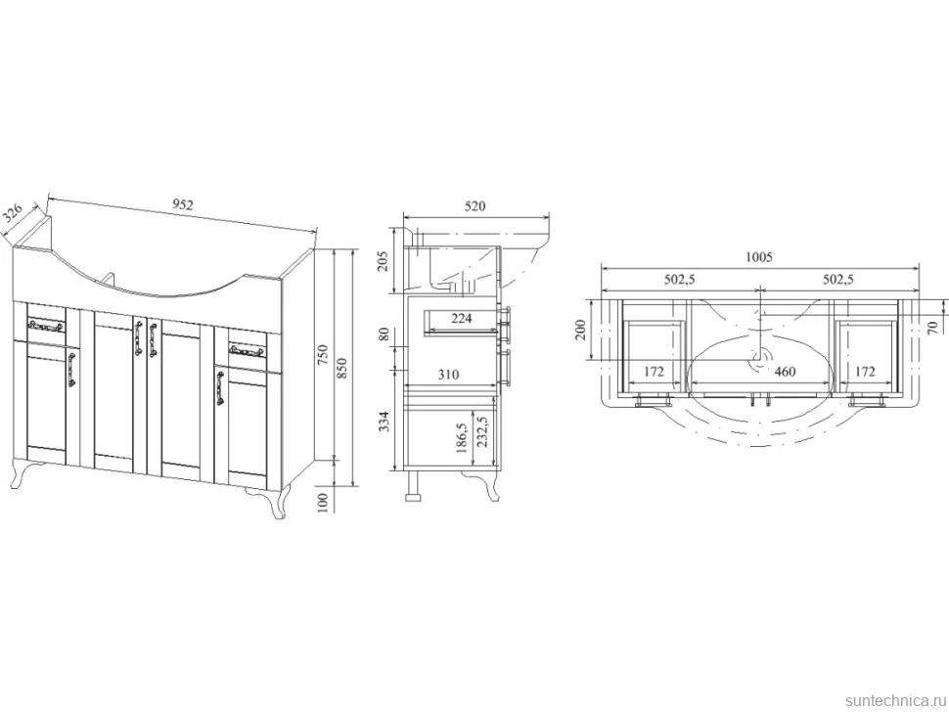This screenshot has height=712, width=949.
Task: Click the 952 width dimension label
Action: click(182, 204)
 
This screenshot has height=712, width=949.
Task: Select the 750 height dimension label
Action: click(323, 354)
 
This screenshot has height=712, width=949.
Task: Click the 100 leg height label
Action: click(323, 502)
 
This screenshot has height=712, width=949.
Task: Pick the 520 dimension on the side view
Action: click(475, 206)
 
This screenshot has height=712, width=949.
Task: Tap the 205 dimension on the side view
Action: click(384, 261)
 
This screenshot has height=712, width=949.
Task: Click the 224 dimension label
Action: click(461, 318)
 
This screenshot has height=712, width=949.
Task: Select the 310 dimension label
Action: click(448, 375)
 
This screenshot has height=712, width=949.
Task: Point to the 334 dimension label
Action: click(384, 422)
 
